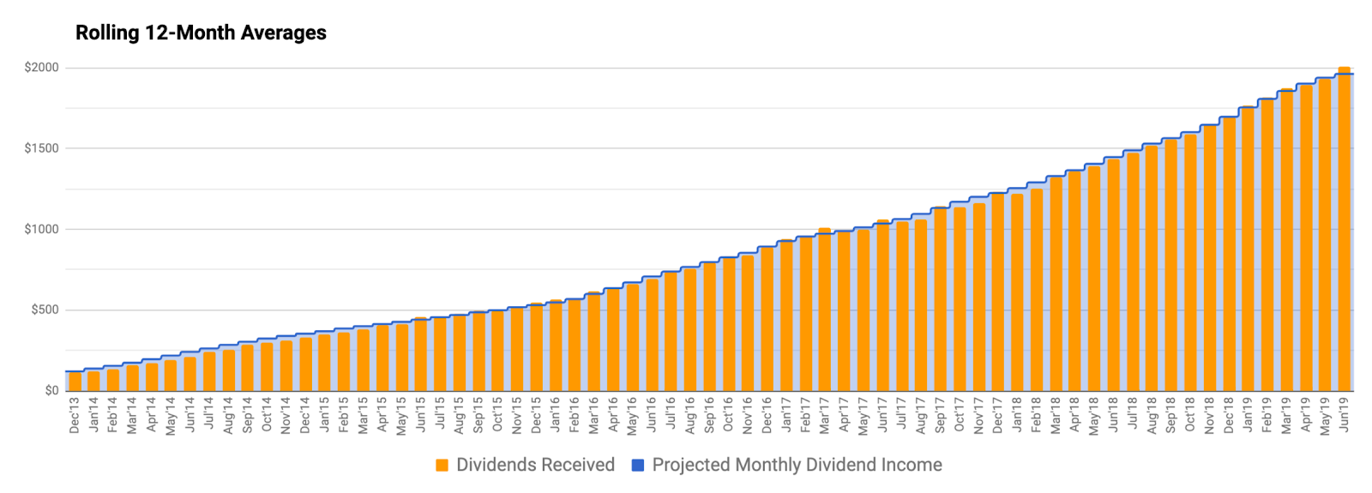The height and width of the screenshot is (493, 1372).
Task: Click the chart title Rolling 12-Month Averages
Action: coord(201,33)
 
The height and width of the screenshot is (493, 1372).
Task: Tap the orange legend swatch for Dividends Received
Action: coord(442,466)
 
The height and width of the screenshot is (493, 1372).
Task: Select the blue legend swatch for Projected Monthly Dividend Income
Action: coord(638,466)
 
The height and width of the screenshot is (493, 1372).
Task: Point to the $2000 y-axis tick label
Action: coord(42,68)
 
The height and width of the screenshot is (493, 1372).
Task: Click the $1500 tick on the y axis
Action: coord(42,148)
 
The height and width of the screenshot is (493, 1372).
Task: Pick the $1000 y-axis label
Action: coord(42,229)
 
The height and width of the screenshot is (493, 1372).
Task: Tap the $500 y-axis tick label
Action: coord(45,310)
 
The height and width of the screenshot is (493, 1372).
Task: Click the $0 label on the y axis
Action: coord(52,391)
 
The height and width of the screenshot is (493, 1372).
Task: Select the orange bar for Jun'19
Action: coord(1344,229)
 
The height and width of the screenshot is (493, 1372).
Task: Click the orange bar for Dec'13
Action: coord(75,382)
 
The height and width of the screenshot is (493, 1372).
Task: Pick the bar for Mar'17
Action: coord(824,310)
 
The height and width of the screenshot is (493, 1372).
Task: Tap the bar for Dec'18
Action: coord(1229,254)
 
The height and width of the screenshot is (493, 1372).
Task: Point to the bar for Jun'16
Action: coord(652,335)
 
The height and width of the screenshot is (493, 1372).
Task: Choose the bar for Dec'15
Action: coord(536,347)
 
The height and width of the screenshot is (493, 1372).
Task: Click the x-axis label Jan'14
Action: coord(93,415)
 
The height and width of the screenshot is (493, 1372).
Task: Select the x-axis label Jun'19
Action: coord(1344,415)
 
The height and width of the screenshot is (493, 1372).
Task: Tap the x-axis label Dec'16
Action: coord(767,416)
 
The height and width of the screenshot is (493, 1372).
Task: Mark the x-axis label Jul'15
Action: coord(440,414)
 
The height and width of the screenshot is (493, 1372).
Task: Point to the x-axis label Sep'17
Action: coord(940,416)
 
